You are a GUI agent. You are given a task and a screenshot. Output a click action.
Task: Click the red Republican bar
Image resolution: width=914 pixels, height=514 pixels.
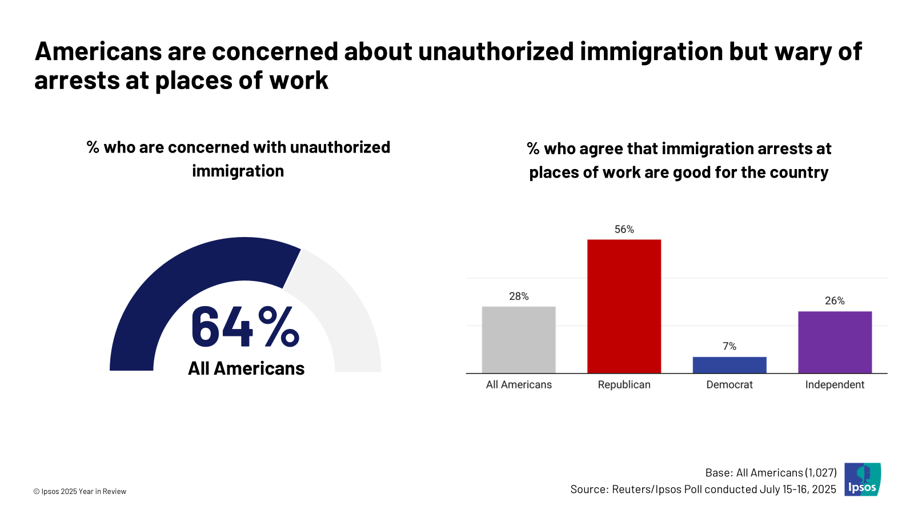pos(624,306)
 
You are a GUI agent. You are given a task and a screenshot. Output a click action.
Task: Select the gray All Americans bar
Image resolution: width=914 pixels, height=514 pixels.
pos(519,340)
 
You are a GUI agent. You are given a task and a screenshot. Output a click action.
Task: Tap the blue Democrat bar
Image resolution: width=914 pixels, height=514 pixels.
pos(729,365)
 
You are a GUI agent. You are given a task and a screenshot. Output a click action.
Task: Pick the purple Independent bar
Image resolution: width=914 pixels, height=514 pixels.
pos(835,342)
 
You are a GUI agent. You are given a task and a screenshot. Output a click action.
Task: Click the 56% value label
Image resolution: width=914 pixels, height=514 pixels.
pos(624,230)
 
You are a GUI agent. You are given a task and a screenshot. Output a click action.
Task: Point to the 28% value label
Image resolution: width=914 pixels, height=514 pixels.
pos(519,296)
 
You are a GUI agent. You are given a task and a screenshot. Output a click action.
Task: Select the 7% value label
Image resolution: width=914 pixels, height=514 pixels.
pos(729,347)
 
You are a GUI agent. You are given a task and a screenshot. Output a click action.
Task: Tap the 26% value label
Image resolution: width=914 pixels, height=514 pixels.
pos(835,301)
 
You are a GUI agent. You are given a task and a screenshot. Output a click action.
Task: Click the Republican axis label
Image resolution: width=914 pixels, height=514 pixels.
pos(624,385)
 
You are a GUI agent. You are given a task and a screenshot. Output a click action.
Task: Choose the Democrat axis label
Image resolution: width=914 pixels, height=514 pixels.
pos(729,385)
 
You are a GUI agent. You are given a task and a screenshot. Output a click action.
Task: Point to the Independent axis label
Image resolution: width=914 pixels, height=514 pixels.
pos(835,385)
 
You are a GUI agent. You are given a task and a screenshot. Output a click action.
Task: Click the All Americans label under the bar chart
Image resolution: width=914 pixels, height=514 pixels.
pos(519,385)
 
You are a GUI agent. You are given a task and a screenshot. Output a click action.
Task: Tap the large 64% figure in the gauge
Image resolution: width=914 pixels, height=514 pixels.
pos(244,327)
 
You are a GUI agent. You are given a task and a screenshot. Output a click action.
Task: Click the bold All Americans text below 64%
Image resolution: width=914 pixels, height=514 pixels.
pos(246,369)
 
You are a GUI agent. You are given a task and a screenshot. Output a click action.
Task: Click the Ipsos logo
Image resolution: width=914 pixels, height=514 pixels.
pos(863,480)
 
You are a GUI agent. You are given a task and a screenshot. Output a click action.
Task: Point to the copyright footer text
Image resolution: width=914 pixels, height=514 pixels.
pos(80,492)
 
